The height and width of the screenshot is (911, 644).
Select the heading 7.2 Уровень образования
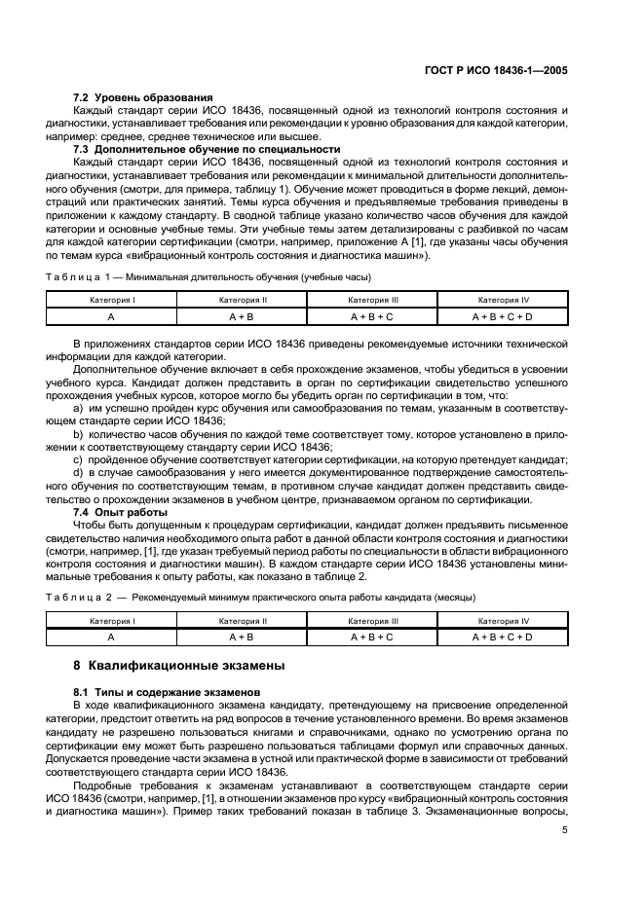pos(143,98)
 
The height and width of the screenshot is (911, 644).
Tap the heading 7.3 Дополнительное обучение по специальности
pos(208,149)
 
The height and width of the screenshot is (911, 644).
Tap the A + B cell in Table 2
pos(242,637)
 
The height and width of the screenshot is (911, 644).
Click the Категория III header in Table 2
pos(372,621)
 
